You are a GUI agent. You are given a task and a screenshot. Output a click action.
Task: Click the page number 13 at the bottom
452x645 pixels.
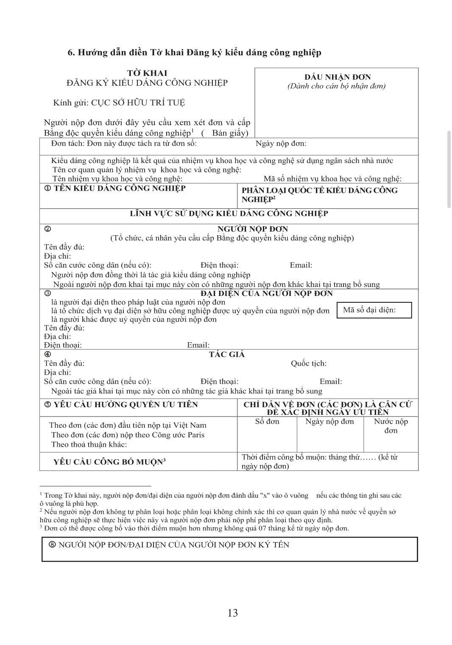pos(232,613)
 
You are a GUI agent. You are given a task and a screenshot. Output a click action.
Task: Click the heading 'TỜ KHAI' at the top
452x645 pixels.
pos(147,73)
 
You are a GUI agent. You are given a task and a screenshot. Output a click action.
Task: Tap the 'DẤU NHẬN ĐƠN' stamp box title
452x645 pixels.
pos(338,77)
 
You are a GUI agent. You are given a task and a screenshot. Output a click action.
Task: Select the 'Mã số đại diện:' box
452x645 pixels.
pos(374,310)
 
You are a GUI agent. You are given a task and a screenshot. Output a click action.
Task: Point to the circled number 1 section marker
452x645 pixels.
pos(47,189)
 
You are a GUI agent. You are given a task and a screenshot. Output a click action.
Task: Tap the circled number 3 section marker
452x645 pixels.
pos(47,293)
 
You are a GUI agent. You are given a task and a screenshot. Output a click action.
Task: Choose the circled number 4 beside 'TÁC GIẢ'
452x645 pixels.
pos(47,354)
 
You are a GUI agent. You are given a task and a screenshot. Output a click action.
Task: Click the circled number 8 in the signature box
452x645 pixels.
pos(52,545)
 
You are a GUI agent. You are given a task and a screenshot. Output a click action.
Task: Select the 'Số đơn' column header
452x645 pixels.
pos(267,422)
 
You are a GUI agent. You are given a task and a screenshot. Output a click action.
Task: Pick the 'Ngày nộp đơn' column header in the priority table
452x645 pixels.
pos(329,422)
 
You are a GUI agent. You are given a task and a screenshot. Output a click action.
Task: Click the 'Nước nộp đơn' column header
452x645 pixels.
pos(391,426)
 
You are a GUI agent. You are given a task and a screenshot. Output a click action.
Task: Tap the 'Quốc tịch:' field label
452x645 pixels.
pos(308,363)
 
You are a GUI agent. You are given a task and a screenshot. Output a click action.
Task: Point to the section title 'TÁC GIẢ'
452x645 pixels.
pos(227,355)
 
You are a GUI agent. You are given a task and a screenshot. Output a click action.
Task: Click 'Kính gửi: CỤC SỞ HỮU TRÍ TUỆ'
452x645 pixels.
pos(119,103)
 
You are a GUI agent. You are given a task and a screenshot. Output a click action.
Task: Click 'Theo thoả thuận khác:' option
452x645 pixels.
pos(89,445)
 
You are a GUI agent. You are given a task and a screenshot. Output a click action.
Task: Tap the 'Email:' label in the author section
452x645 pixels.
pos(331,381)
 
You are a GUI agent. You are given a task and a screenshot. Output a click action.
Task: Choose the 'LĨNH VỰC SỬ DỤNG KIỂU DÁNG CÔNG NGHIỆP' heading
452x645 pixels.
pos(229,214)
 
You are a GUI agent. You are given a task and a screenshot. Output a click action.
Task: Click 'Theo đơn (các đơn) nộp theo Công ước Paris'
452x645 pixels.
pos(128,435)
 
